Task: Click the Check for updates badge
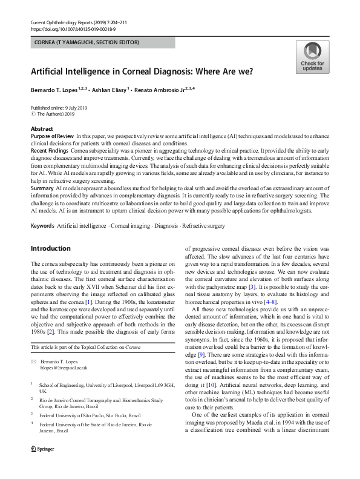(x=312, y=58)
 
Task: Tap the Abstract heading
(x=42, y=129)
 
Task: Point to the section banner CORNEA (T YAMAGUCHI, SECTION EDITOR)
(x=85, y=42)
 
